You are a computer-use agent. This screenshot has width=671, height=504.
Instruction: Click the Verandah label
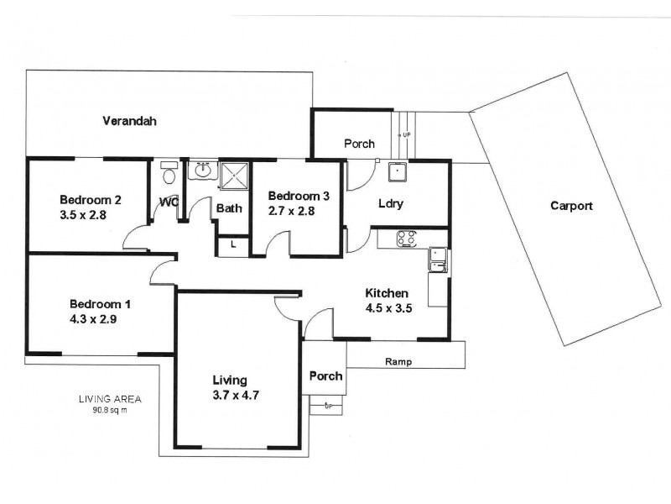[x=129, y=121]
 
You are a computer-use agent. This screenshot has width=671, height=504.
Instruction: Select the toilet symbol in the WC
[x=168, y=175]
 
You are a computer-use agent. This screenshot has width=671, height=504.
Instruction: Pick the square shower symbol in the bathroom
[x=233, y=176]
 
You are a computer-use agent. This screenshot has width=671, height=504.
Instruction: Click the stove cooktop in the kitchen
[x=408, y=239]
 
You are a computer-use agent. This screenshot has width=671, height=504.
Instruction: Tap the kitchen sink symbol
[x=436, y=260]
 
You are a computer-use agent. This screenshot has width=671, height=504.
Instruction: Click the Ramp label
[x=398, y=362]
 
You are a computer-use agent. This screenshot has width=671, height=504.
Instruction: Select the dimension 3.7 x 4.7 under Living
[x=234, y=395]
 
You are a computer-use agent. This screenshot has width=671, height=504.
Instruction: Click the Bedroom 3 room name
[x=298, y=196]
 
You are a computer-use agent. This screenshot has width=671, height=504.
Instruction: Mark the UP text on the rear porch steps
[x=407, y=134]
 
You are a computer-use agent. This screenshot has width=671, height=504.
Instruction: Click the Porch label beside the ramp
[x=325, y=375]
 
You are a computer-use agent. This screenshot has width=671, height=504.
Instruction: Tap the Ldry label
[x=389, y=203]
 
